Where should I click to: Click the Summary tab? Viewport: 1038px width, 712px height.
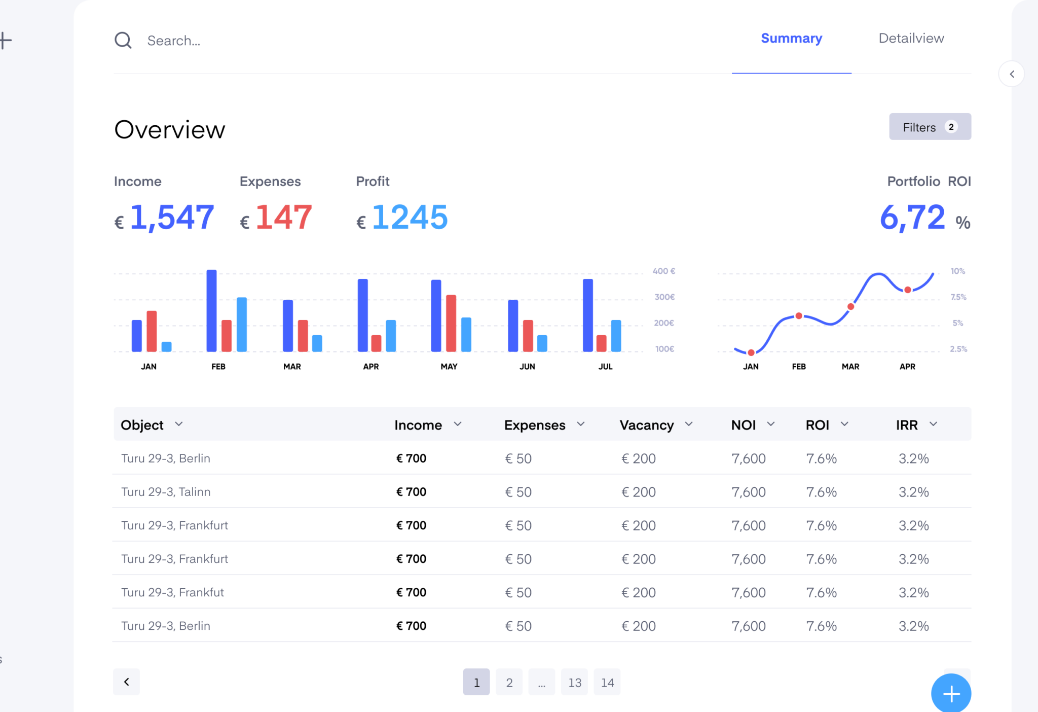[x=791, y=39]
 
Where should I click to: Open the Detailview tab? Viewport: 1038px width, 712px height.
[x=911, y=39]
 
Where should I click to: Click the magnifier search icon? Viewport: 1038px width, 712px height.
[x=123, y=40]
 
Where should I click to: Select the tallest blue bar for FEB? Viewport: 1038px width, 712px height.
[x=211, y=310]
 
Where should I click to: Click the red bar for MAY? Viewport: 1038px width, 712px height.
[x=451, y=323]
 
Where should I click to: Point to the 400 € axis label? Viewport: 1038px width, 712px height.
[x=663, y=271]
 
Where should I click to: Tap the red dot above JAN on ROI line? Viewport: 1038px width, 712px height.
[x=751, y=352]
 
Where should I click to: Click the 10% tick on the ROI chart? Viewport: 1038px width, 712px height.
[x=957, y=271]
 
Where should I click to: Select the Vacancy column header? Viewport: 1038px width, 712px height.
[x=647, y=425]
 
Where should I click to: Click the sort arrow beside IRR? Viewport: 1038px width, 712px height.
[x=934, y=424]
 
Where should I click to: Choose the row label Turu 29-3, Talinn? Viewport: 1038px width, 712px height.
[x=166, y=492]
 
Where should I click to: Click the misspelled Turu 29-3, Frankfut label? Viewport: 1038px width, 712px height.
[x=172, y=592]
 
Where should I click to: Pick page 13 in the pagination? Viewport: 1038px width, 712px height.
[x=574, y=683]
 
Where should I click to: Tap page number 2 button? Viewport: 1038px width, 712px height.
[x=509, y=683]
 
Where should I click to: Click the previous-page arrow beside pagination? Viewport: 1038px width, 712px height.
[x=127, y=682]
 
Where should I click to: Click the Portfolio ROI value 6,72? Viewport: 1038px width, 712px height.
[x=912, y=218]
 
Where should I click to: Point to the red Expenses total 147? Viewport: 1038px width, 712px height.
[x=283, y=218]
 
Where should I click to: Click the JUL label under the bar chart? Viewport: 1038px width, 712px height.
[x=605, y=367]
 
